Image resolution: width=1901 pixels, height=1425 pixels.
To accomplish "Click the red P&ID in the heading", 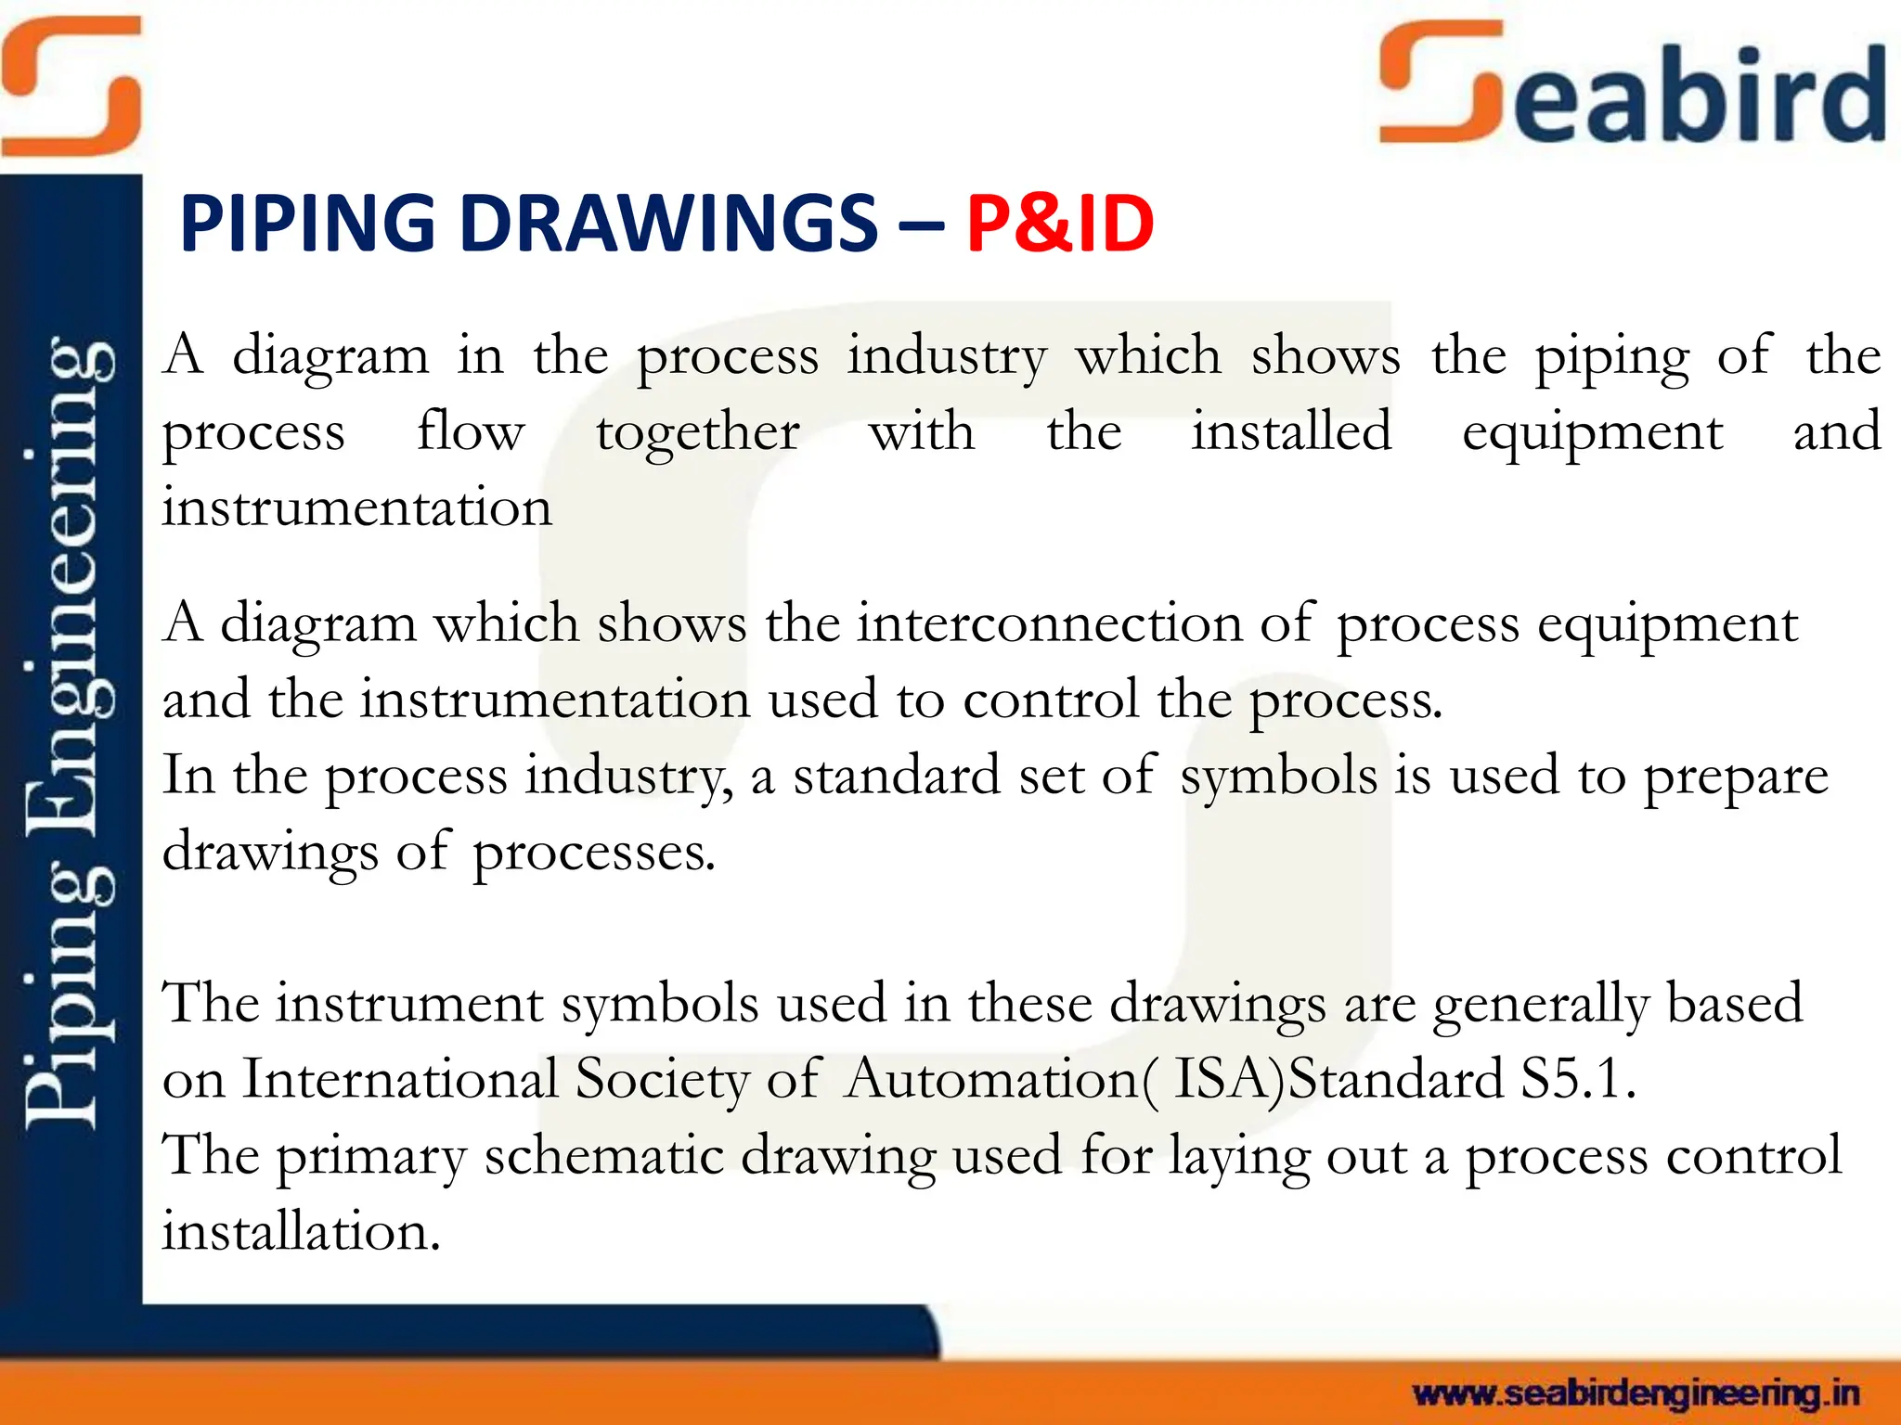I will coord(1059,224).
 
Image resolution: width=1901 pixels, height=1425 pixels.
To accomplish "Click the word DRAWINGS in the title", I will coord(668,224).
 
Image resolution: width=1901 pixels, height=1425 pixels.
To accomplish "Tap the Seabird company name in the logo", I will coord(1634,88).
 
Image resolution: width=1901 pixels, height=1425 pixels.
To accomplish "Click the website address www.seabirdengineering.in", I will coord(1636,1393).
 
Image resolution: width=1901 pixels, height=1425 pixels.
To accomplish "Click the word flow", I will coord(471,432).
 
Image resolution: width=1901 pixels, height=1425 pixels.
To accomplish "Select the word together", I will coord(697,432).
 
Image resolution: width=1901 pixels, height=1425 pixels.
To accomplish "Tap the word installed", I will coord(1291,432).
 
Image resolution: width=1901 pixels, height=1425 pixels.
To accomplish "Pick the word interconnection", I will coord(1049,623).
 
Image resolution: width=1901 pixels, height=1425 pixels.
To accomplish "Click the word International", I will coord(400,1080).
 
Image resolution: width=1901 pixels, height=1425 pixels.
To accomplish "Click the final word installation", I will coord(301,1232).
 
